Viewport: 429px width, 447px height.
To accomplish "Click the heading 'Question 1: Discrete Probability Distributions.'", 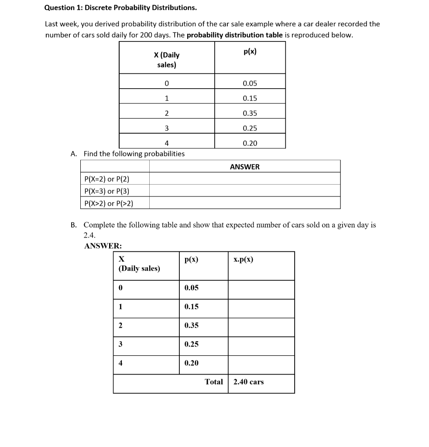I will (120, 8).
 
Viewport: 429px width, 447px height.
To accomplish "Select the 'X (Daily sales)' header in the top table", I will (167, 60).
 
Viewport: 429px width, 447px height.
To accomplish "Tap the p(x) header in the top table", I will (250, 52).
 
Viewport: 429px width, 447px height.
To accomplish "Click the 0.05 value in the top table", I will (250, 83).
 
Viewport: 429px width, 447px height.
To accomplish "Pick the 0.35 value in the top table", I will (250, 113).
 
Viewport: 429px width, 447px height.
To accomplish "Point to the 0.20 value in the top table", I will (250, 143).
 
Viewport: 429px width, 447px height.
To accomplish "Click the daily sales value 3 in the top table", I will (166, 128).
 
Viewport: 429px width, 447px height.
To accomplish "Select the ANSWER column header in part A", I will (244, 167).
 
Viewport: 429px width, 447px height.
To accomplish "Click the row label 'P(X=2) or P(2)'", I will (106, 179).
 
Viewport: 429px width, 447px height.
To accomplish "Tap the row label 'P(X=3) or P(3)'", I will (106, 191).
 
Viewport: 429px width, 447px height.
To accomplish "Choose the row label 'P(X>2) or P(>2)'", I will (108, 203).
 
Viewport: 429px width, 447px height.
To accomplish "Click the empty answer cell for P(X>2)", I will (244, 203).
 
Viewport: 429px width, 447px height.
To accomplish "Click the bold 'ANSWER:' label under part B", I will (103, 246).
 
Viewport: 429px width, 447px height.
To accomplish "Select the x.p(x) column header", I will (243, 259).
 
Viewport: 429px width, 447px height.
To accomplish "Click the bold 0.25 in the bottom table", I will (192, 344).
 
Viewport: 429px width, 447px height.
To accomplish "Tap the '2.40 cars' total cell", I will (249, 382).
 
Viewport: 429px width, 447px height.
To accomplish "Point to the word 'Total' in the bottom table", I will (214, 382).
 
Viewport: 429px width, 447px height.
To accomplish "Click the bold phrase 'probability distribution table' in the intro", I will (235, 35).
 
